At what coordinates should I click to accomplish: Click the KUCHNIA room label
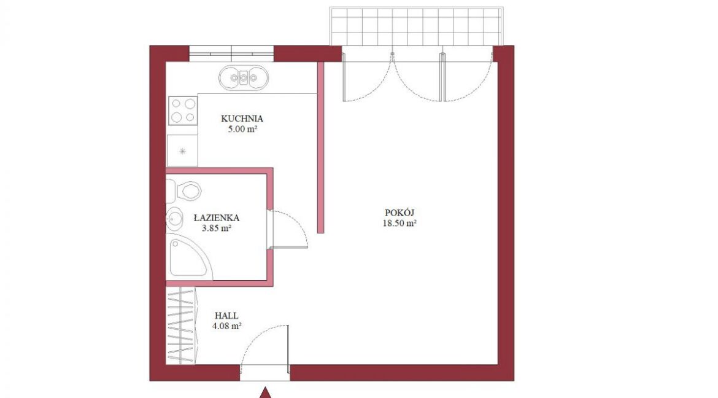click(x=242, y=119)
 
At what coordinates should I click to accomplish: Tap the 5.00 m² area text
click(x=242, y=129)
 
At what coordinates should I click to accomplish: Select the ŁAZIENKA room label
click(x=216, y=218)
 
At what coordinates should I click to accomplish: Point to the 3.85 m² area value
click(x=216, y=228)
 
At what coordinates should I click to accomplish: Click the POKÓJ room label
click(x=400, y=213)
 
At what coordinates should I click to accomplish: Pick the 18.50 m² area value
click(x=400, y=224)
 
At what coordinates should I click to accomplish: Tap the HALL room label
click(x=226, y=316)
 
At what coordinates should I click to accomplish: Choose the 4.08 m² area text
click(x=226, y=327)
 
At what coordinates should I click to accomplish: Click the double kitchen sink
click(x=243, y=77)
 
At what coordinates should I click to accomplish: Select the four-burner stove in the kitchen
click(x=183, y=111)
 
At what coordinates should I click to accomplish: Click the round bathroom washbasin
click(x=174, y=219)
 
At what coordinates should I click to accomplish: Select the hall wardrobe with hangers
click(x=181, y=326)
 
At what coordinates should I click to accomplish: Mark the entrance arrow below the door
click(x=264, y=393)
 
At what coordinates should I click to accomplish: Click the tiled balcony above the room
click(x=416, y=26)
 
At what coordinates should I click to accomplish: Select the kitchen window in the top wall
click(x=231, y=53)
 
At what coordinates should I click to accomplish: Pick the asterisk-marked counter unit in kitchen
click(x=182, y=150)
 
